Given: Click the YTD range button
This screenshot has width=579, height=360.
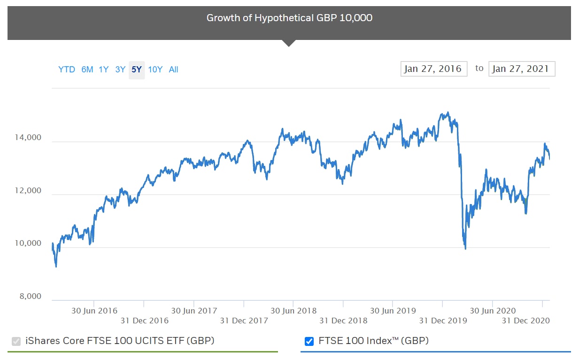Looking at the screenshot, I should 66,70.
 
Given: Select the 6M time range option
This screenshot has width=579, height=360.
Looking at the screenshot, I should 87,70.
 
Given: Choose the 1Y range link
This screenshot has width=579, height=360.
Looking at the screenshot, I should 104,70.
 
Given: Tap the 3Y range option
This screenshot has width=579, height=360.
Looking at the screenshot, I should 120,70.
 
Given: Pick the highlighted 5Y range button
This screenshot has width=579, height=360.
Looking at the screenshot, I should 137,70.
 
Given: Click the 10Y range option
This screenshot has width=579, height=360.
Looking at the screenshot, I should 155,70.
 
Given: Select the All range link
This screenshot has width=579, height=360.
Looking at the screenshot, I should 173,70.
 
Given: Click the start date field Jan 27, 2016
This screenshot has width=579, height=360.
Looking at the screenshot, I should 433,69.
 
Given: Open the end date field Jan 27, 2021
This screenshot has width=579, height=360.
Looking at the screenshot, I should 521,69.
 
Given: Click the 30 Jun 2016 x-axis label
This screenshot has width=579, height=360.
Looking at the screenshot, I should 94,311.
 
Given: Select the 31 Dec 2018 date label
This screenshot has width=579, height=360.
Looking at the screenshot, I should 343,321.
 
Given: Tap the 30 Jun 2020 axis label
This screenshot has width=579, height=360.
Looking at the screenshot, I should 493,311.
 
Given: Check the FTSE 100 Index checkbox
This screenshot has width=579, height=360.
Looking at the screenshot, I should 309,341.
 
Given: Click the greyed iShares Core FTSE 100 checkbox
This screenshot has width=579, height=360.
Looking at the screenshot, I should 16,341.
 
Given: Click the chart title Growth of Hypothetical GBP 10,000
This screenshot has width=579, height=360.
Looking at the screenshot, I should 289,18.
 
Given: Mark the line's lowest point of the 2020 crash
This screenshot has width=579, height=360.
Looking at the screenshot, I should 465,249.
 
